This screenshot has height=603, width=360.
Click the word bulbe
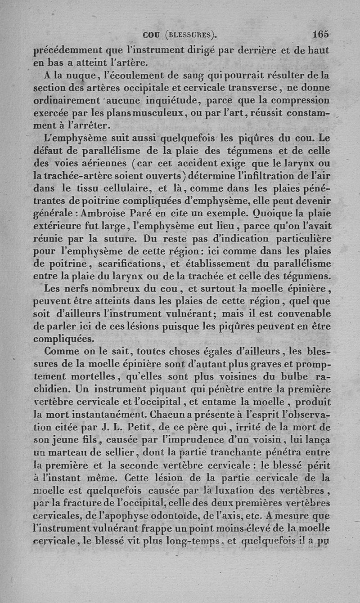pyautogui.click(x=286, y=376)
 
